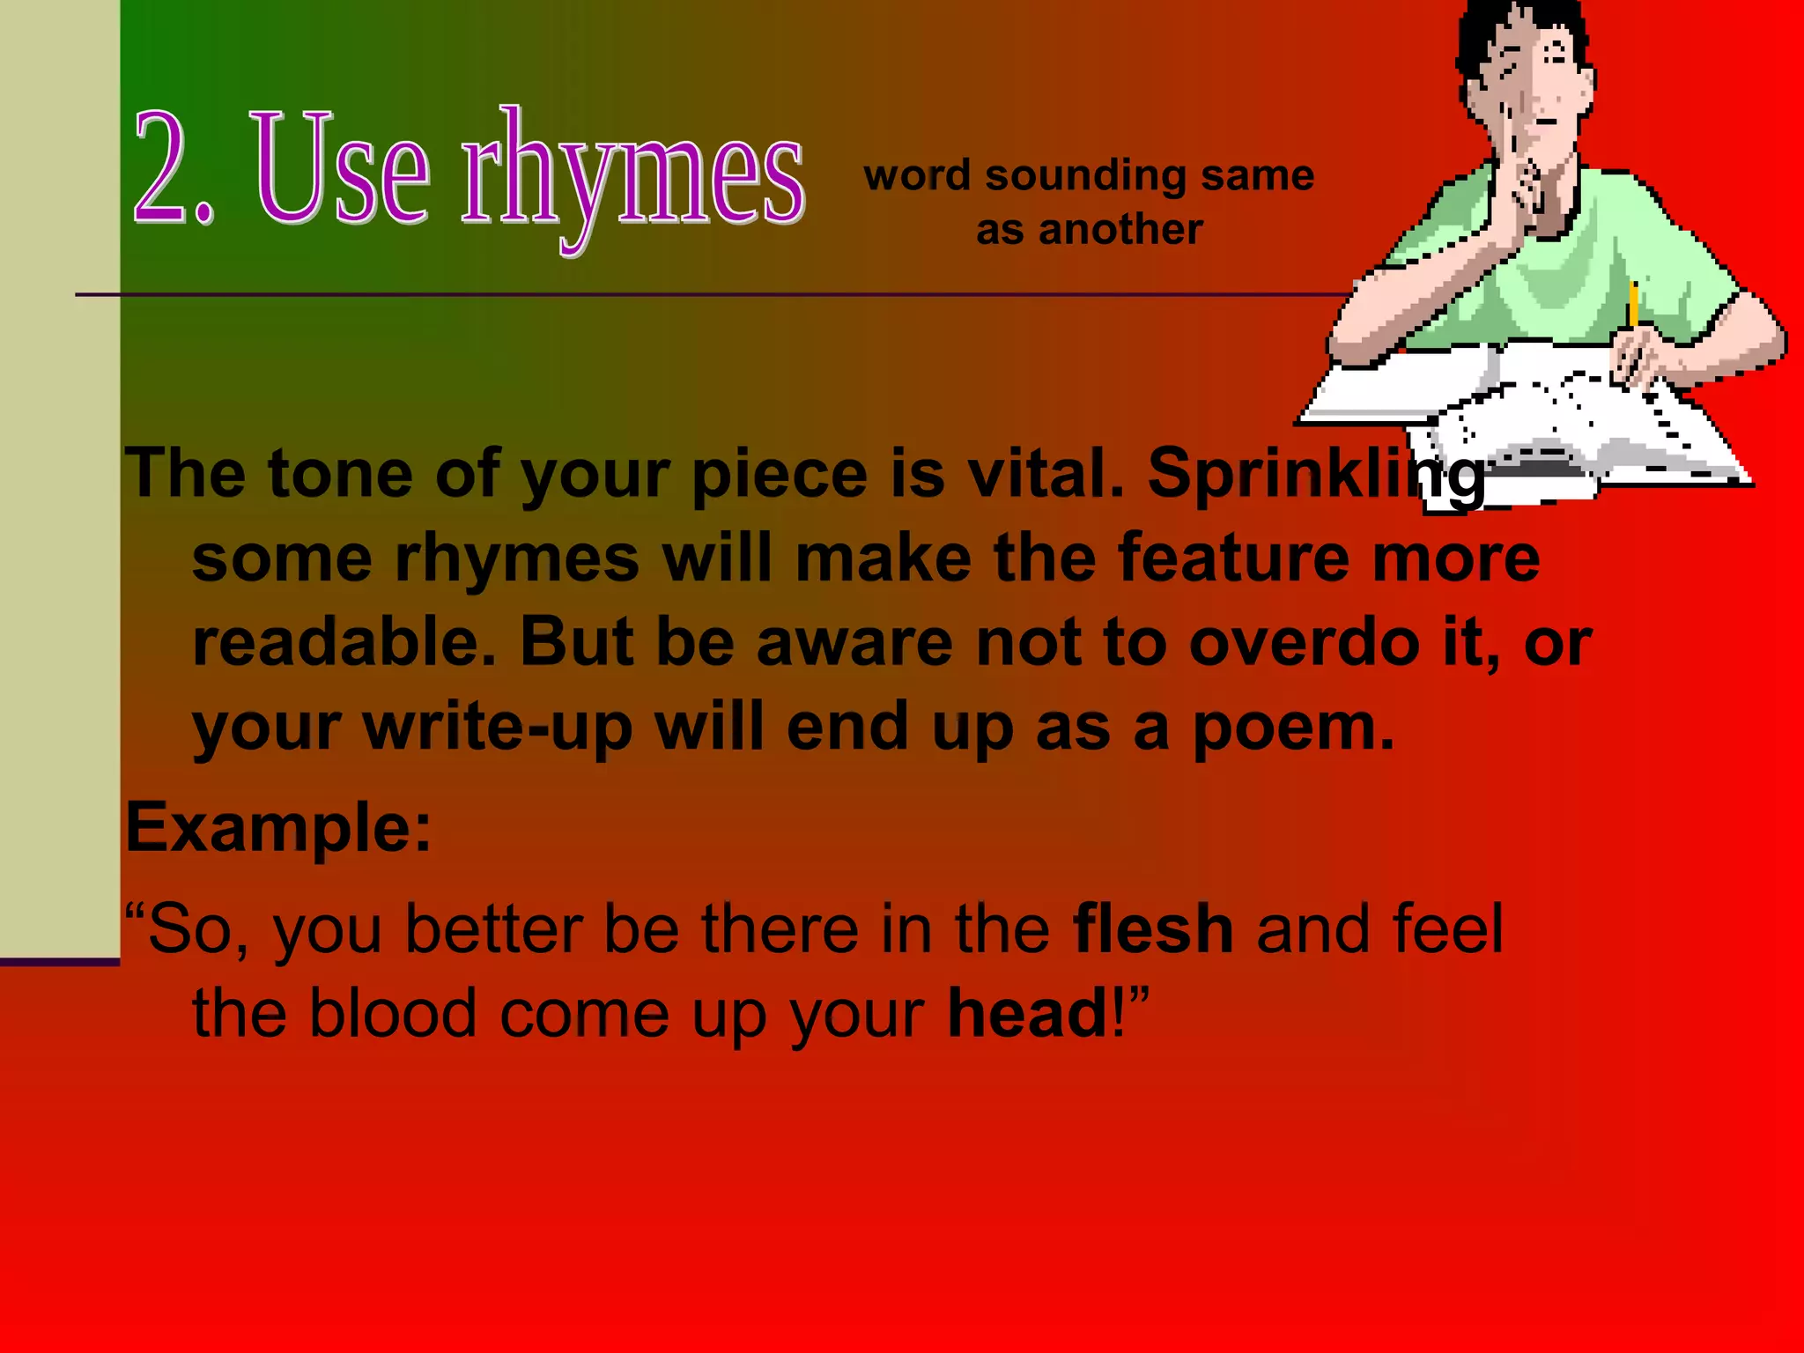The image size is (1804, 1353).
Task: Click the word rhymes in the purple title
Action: pyautogui.click(x=632, y=172)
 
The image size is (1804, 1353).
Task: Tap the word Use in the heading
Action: pyautogui.click(x=344, y=167)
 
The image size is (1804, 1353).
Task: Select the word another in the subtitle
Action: pyautogui.click(x=1120, y=231)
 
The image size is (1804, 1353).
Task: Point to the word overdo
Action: pyautogui.click(x=1304, y=642)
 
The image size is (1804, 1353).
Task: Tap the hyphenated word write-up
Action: pyautogui.click(x=498, y=728)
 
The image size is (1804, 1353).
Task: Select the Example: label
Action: pyautogui.click(x=278, y=828)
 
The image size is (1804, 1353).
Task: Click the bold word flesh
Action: pyautogui.click(x=1152, y=928)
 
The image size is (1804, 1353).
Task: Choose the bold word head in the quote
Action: pyautogui.click(x=1027, y=1013)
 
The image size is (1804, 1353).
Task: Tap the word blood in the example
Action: pyautogui.click(x=393, y=1013)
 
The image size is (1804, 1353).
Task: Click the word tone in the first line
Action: pyautogui.click(x=340, y=474)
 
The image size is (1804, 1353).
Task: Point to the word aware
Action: pyautogui.click(x=854, y=642)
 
